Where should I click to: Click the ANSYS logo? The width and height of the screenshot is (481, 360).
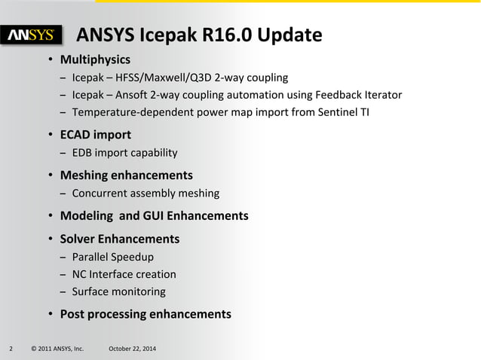click(x=32, y=35)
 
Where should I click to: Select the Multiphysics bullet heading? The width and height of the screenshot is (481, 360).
click(x=95, y=59)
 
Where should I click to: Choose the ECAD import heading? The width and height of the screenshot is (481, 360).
click(x=95, y=135)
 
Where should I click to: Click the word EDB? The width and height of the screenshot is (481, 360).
click(x=83, y=153)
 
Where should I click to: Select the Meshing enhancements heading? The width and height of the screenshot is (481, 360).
click(x=126, y=175)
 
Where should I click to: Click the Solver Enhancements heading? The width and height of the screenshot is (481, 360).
click(x=119, y=239)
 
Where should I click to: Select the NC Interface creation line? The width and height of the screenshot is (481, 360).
click(x=124, y=274)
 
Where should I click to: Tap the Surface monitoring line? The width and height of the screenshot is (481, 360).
click(x=118, y=291)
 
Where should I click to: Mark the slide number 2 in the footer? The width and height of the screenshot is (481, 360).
click(x=11, y=349)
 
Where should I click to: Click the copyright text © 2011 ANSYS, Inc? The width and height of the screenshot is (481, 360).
click(x=57, y=349)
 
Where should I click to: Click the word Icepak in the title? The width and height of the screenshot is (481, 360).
click(x=155, y=35)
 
